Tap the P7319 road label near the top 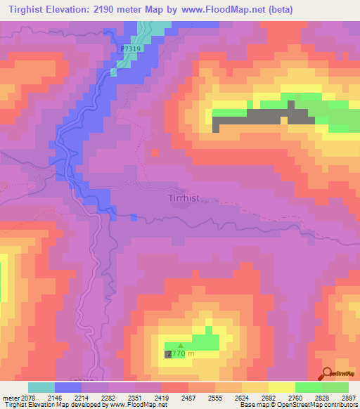[x=131, y=49]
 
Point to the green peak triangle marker [x=181, y=345]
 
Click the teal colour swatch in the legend [x=41, y=387]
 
